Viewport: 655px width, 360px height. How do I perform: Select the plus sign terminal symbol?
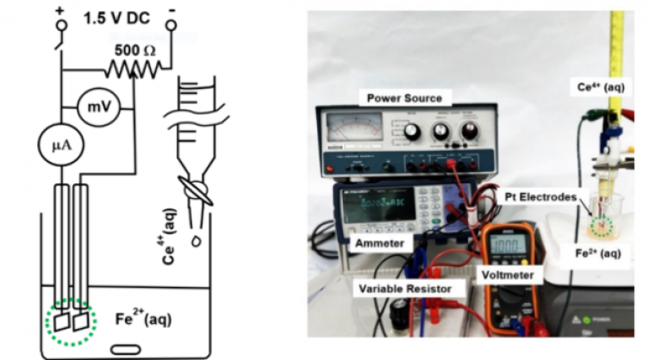click(x=59, y=9)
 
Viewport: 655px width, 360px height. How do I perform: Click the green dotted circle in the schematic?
click(x=72, y=321)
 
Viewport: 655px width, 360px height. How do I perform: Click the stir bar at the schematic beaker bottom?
click(x=127, y=348)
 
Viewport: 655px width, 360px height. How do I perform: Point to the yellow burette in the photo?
click(x=617, y=60)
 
